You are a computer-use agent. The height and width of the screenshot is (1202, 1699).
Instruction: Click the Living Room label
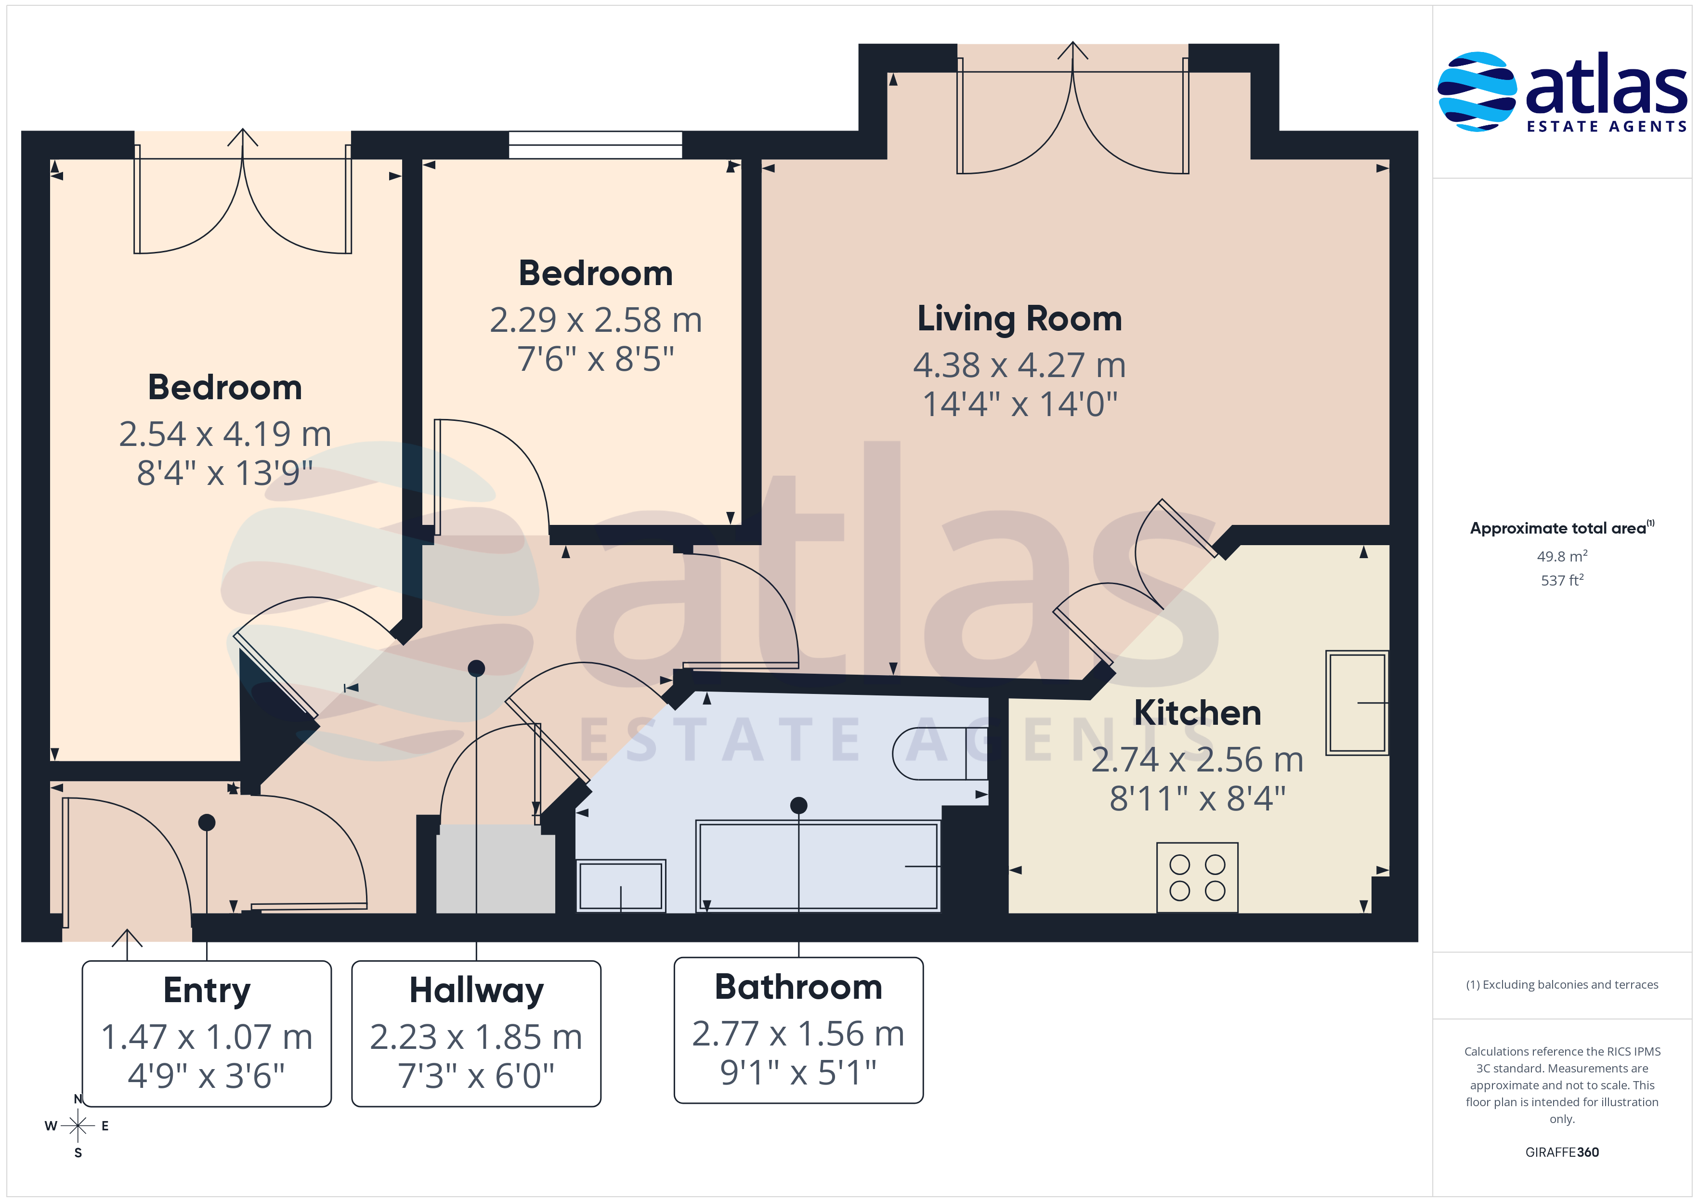1019,319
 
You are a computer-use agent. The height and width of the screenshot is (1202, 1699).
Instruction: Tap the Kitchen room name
1197,713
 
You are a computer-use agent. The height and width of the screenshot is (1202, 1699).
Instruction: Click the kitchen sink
1357,703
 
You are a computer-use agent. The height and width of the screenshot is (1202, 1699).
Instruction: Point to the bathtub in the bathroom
818,865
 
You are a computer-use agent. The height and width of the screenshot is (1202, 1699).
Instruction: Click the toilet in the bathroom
940,754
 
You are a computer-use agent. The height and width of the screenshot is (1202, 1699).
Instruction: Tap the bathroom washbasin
621,885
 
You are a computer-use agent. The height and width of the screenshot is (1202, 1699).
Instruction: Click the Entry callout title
207,990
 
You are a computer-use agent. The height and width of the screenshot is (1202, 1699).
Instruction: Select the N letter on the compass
78,1099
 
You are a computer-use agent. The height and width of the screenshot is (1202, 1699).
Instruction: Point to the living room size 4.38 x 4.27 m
1019,365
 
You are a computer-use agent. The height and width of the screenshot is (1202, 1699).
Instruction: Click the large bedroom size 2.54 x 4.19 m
225,434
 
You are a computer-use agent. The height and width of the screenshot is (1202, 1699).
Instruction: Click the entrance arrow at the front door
127,944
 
